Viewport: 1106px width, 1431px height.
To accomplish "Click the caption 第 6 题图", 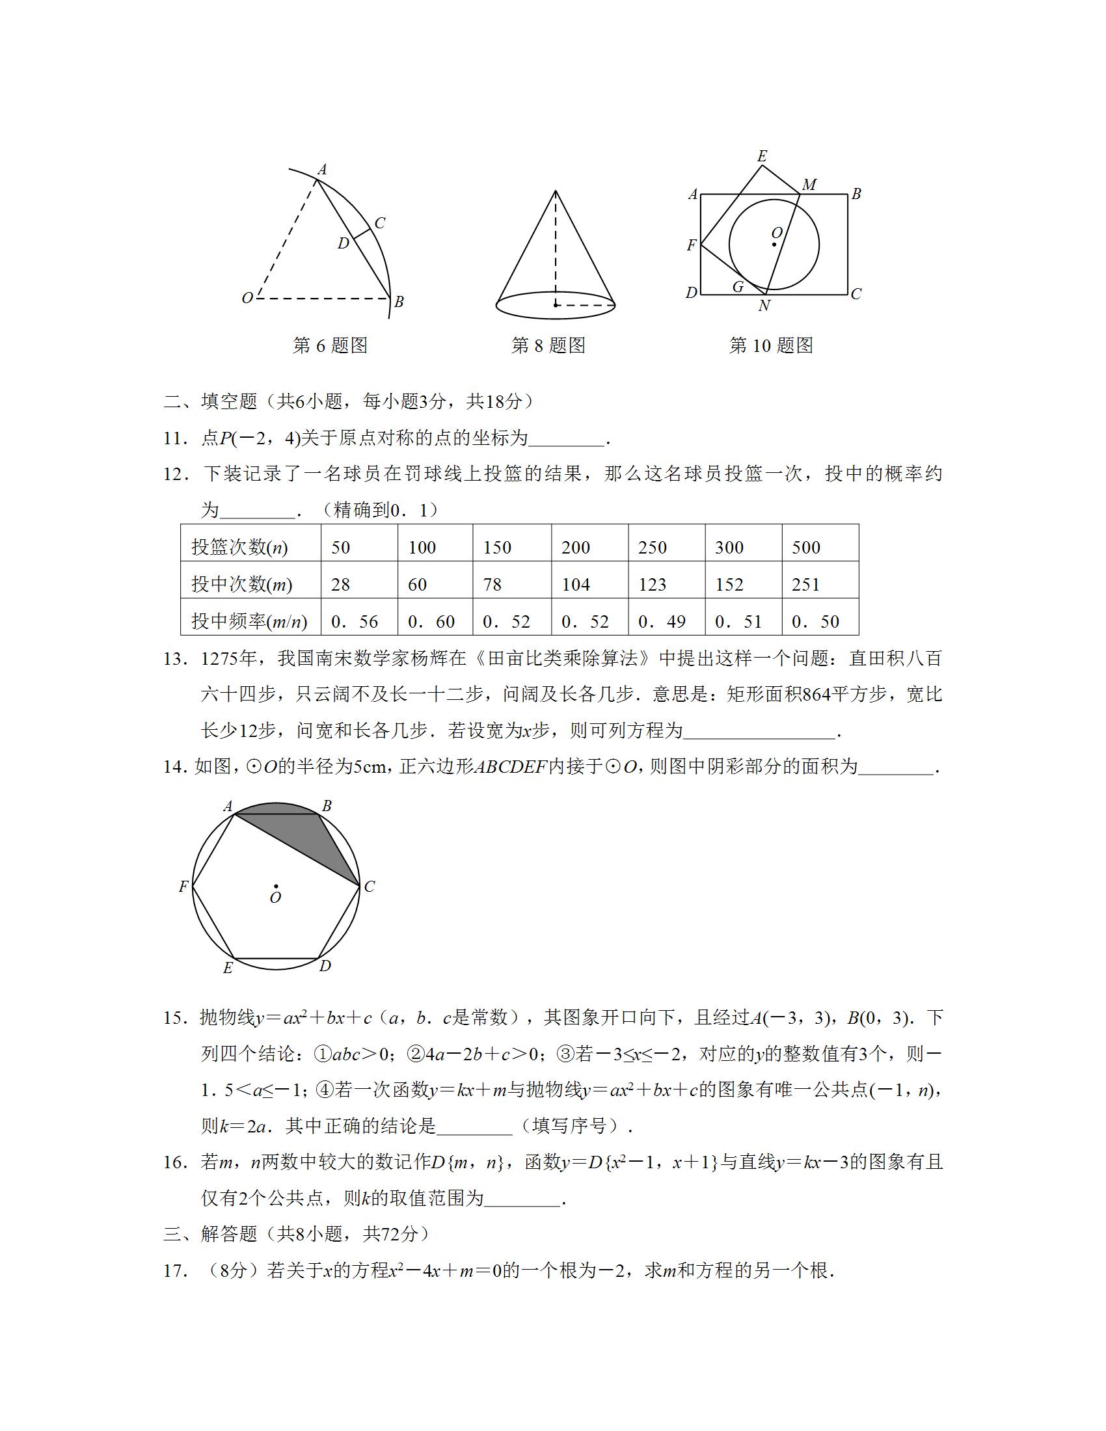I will pos(330,345).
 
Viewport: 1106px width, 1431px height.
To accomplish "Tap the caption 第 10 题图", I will pos(770,345).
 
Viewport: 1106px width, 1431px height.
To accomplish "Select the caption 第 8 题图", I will pos(548,345).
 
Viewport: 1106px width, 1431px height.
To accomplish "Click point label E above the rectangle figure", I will pos(762,156).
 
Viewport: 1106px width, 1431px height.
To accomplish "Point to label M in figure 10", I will pos(809,185).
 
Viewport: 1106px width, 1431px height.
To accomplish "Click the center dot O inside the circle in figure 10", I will pos(774,245).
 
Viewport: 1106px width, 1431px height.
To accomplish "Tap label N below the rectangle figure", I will pos(764,306).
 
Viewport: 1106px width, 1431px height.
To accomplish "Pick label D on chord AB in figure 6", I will pos(344,244).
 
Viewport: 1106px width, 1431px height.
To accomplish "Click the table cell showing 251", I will pos(805,585).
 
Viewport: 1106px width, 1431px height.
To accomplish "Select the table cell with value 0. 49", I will pos(662,621).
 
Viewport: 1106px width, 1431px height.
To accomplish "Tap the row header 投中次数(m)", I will pos(242,585).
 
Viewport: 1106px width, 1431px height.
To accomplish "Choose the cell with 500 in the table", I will pos(806,548).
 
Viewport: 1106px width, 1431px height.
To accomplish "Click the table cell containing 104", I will pos(576,585).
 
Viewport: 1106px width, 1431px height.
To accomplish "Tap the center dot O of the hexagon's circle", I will pos(276,887).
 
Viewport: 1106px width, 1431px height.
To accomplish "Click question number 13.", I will pos(176,659).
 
